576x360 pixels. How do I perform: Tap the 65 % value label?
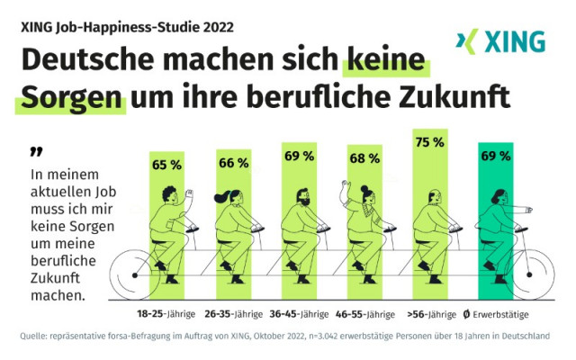[x=166, y=165]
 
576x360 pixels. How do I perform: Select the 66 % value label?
[x=233, y=163]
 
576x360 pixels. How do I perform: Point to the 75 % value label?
[x=429, y=141]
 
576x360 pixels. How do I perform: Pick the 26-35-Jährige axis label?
[x=233, y=315]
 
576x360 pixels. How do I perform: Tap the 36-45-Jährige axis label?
[x=299, y=315]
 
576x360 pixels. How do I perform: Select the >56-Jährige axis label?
[x=431, y=315]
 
